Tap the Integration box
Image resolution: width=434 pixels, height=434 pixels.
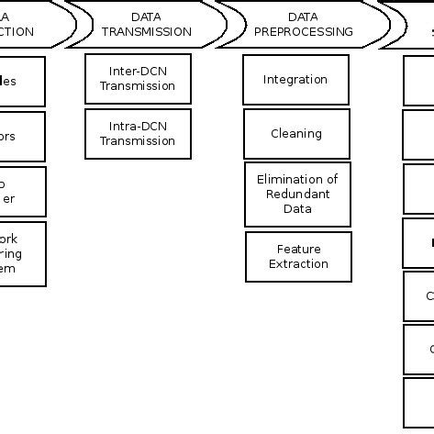coord(295,80)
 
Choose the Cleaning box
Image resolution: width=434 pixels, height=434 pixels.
coord(296,134)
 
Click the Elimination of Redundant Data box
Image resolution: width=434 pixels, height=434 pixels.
coord(297,194)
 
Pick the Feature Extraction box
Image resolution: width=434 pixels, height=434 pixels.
coord(298,256)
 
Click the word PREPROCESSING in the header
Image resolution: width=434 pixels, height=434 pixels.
coord(303,31)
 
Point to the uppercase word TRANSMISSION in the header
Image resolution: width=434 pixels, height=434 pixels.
coord(147,31)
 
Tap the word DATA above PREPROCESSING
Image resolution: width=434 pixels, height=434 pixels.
coord(303,17)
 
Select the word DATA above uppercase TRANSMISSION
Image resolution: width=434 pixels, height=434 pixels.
coord(147,17)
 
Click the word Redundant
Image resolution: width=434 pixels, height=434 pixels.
coord(297,194)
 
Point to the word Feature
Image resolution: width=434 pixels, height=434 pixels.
coord(298,249)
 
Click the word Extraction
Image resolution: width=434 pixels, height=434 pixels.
coord(298,263)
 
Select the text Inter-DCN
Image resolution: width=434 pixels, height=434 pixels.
coord(138,72)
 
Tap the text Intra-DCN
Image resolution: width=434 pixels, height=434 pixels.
coord(138,127)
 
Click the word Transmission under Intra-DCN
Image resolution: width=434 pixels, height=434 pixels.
coord(138,141)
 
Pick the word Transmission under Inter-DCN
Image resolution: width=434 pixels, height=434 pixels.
coord(138,86)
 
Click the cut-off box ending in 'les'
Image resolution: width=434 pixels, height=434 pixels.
coord(22,81)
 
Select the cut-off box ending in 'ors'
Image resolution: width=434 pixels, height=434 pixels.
coord(22,136)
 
